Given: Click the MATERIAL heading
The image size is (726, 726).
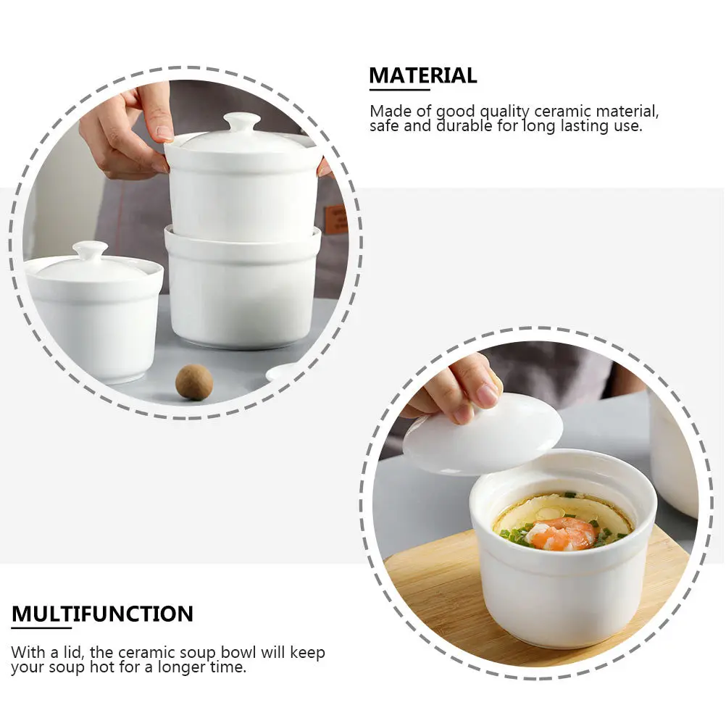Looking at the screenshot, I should click(423, 75).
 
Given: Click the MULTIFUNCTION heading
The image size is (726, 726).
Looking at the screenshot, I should click(102, 614).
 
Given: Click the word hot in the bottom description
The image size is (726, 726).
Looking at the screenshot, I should click(99, 667).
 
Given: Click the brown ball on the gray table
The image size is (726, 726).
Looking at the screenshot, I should click(194, 382).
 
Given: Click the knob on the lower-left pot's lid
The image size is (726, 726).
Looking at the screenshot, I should click(90, 251).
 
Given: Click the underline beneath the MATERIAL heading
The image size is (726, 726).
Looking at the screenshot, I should click(399, 90).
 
